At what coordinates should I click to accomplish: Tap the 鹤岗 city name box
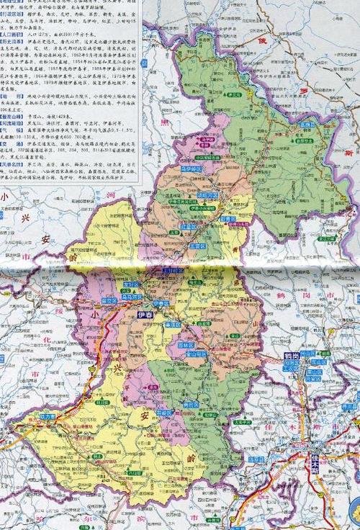coord(292,355)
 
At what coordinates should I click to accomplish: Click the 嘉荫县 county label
coord(288,124)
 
